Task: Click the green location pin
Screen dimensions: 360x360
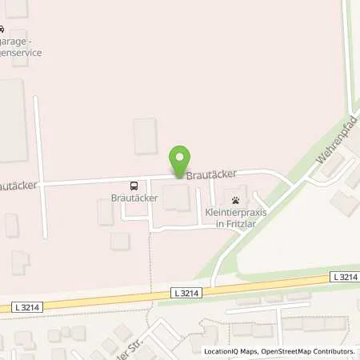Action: point(182,158)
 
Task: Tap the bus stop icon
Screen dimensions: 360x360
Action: point(134,182)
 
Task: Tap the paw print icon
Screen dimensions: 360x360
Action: point(235,200)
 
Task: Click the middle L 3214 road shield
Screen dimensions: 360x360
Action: point(185,293)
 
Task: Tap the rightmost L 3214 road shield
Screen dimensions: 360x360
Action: point(343,277)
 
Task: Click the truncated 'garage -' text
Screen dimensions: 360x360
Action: point(18,41)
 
